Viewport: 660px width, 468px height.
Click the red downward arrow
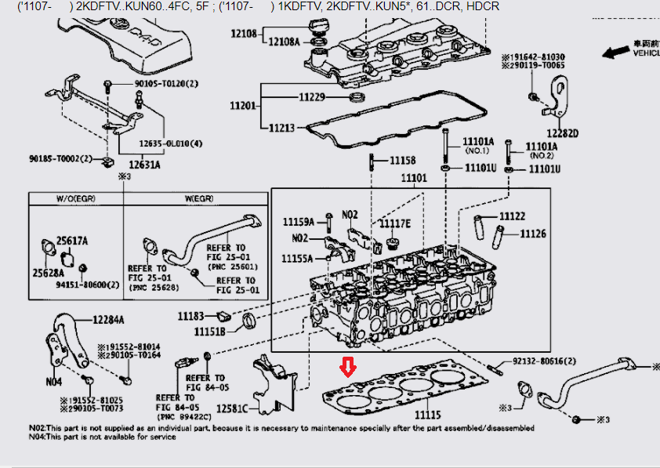tap(346, 366)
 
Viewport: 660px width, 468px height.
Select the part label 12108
tap(244, 34)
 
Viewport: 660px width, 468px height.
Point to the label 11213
tap(282, 127)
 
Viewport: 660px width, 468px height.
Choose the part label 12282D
tap(562, 133)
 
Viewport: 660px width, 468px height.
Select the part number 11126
tap(532, 234)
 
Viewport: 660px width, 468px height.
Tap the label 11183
tap(190, 316)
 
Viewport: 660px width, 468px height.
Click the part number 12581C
tap(232, 408)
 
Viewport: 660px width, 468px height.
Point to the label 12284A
tap(108, 320)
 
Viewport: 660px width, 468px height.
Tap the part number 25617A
tap(72, 241)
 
